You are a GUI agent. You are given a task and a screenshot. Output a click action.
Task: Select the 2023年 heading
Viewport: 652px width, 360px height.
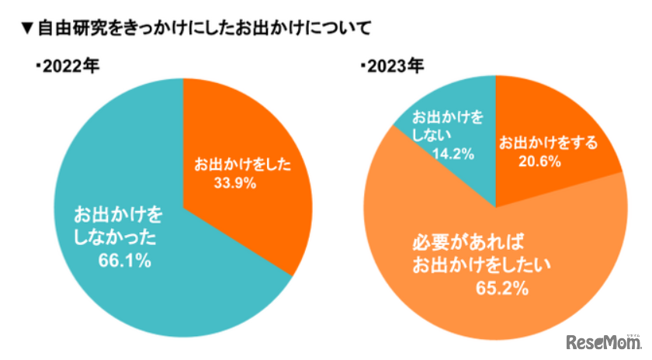click(x=395, y=67)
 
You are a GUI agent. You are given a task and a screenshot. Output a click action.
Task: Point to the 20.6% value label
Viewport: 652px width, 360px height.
click(x=541, y=161)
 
